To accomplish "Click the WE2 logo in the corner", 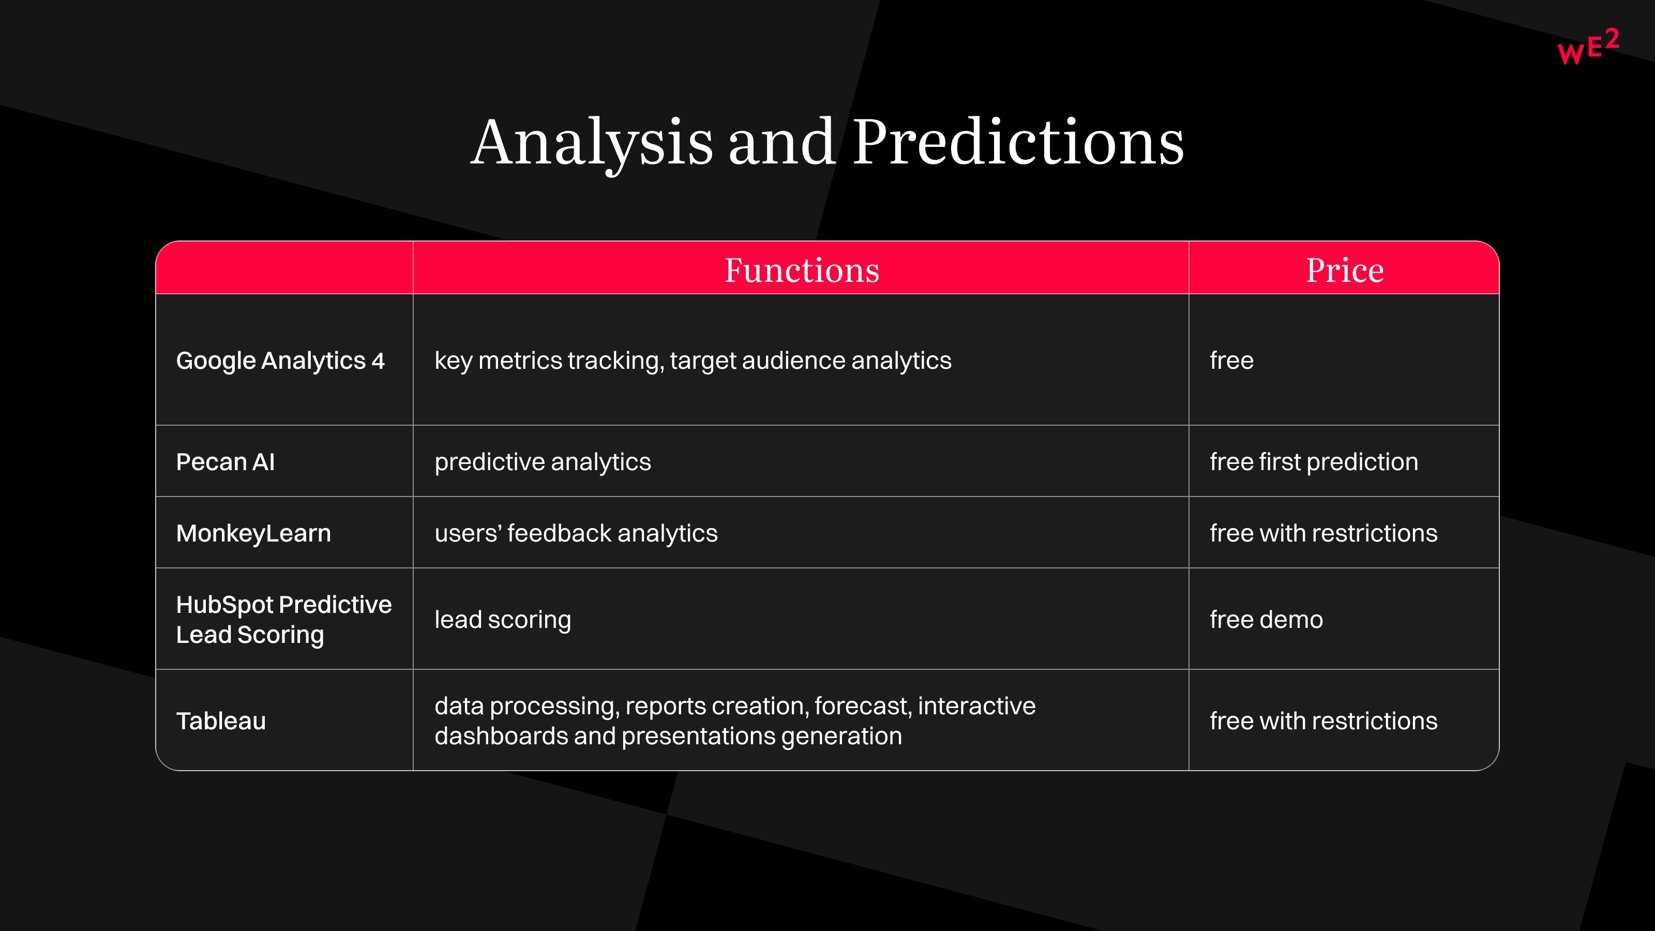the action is [1588, 46].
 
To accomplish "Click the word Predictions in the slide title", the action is [1018, 143].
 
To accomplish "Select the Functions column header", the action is [802, 270].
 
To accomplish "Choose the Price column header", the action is [1345, 270].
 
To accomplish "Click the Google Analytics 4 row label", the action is [280, 361].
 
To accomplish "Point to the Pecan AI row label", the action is [225, 462].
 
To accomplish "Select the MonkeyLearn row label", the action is [254, 533].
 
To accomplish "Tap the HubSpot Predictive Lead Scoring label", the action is [284, 620].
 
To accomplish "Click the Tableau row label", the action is [221, 721].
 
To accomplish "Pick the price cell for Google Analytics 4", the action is [1231, 361].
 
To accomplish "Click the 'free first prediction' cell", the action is [1314, 462].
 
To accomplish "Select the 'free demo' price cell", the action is [1266, 620].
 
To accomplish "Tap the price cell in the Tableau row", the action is [1323, 721].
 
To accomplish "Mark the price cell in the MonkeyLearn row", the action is [1323, 533].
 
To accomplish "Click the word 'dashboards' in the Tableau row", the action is [501, 735].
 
